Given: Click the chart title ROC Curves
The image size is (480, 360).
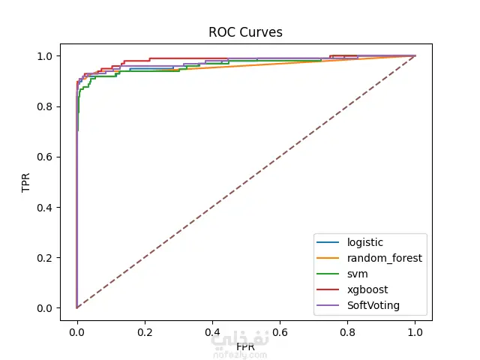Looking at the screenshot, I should coord(245,32).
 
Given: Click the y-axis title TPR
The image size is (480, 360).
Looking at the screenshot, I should coord(26,182).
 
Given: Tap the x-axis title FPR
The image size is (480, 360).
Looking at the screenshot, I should coord(245,347).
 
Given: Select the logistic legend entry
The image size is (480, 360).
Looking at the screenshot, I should coord(364,242).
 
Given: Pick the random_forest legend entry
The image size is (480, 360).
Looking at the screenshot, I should coord(384,258).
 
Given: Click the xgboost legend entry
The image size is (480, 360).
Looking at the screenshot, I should coord(367,289).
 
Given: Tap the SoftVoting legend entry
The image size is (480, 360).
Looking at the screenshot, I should coord(373,305).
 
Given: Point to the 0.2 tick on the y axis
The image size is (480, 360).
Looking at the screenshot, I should coord(48,257).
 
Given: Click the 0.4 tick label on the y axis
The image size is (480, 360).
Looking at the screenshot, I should coord(48,207).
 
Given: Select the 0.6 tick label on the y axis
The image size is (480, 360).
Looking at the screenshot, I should coord(48,157).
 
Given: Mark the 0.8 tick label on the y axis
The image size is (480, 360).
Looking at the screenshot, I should coord(48,106).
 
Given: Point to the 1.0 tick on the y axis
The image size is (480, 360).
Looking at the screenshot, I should coord(48,56).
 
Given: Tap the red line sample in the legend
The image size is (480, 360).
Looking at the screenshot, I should coord(328,289).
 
